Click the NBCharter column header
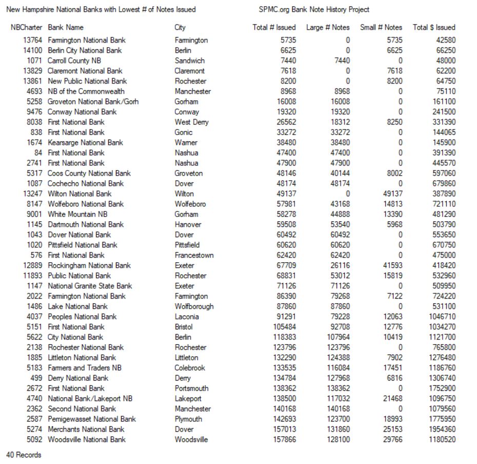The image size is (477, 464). click(x=26, y=27)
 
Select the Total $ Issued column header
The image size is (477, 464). click(x=434, y=27)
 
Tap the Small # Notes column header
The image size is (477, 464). click(x=381, y=27)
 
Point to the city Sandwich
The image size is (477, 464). click(x=189, y=60)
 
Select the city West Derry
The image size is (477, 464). click(x=191, y=122)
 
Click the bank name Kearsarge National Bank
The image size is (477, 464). click(x=85, y=142)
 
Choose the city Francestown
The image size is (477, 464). click(x=194, y=255)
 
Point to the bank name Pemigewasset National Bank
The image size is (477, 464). click(x=92, y=419)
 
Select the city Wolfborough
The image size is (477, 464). click(x=194, y=306)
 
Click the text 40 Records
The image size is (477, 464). click(x=24, y=455)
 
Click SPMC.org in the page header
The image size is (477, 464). click(x=274, y=10)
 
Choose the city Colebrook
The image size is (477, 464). click(x=190, y=368)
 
